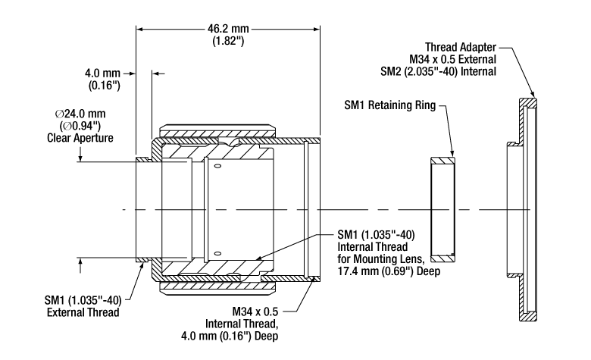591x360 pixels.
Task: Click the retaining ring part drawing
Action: tap(442, 207)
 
